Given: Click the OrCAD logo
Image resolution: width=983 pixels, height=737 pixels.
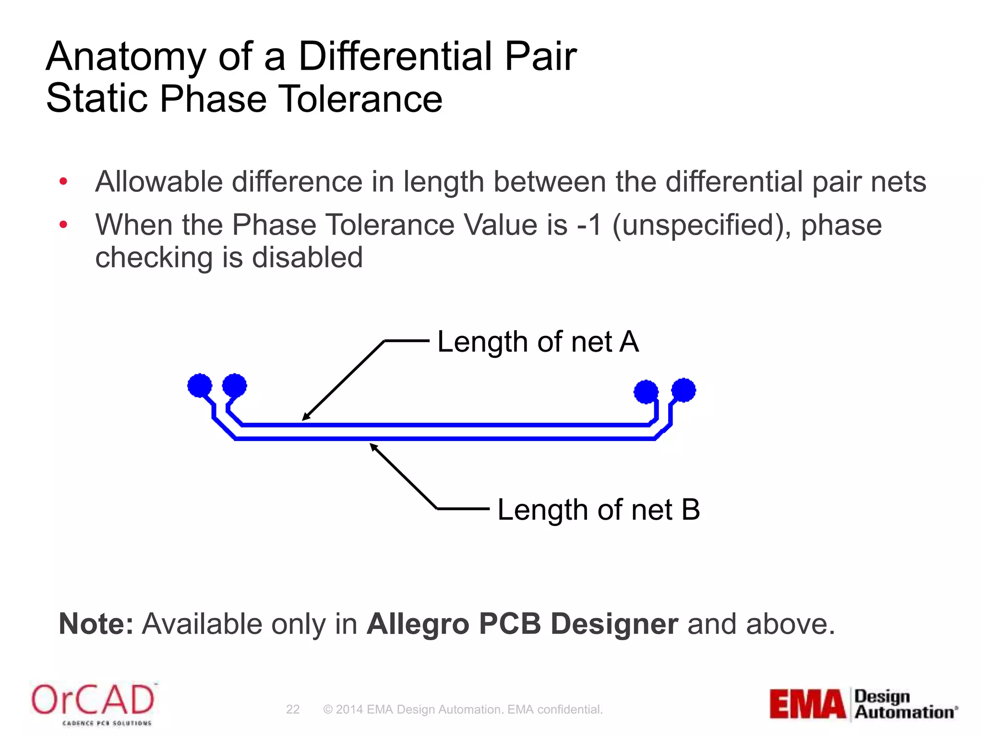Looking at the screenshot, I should (93, 703).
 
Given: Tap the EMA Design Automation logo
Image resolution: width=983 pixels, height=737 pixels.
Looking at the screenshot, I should (863, 704).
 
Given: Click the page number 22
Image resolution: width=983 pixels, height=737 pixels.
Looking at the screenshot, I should (293, 709).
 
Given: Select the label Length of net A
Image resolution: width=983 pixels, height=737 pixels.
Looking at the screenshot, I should (538, 342).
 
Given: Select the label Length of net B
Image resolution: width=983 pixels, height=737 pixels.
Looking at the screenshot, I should (598, 510).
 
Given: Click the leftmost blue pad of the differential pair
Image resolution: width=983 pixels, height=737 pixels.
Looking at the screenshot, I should (200, 385).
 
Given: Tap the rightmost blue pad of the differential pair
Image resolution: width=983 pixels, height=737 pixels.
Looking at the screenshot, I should (683, 390).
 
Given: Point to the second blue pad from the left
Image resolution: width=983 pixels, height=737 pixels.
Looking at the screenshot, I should (235, 385).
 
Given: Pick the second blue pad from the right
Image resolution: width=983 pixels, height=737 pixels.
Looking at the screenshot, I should (646, 392).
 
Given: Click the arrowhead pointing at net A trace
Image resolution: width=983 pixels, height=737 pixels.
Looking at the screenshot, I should (306, 417).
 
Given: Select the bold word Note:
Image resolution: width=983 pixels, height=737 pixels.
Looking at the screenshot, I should (96, 624).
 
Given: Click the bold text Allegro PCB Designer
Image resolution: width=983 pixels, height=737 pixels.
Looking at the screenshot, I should (522, 624).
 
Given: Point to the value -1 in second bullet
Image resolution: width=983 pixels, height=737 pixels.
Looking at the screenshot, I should (589, 225).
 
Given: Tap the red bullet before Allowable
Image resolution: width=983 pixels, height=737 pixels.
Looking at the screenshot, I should (63, 181).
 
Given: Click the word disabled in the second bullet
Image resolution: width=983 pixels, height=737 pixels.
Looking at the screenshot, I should (307, 258).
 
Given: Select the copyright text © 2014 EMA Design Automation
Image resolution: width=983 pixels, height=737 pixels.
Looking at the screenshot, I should (413, 709).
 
